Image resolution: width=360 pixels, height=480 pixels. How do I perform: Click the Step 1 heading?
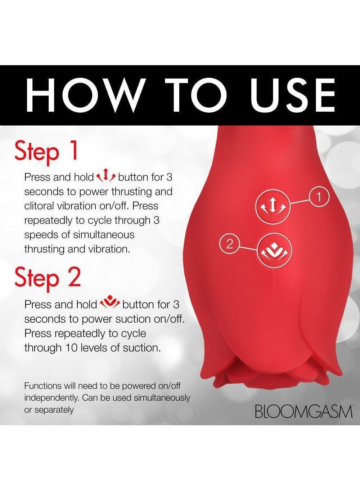point(46,151)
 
